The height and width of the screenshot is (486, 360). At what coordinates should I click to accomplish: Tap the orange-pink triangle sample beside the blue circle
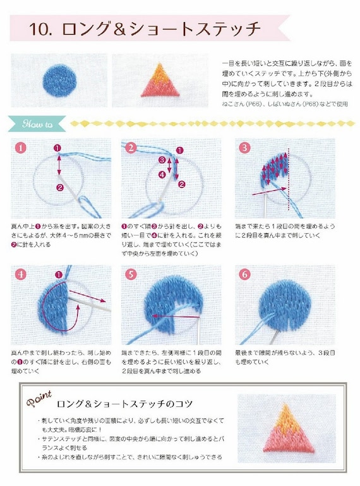pyautogui.click(x=160, y=80)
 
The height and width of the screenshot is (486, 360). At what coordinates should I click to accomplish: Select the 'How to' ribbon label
pyautogui.click(x=39, y=123)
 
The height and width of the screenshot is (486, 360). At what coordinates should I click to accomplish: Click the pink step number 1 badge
pyautogui.click(x=20, y=148)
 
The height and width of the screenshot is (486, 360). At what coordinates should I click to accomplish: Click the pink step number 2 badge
pyautogui.click(x=131, y=148)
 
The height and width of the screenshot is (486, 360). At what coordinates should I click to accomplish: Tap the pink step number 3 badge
pyautogui.click(x=244, y=148)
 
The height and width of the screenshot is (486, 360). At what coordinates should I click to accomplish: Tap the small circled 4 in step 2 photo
pyautogui.click(x=162, y=173)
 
